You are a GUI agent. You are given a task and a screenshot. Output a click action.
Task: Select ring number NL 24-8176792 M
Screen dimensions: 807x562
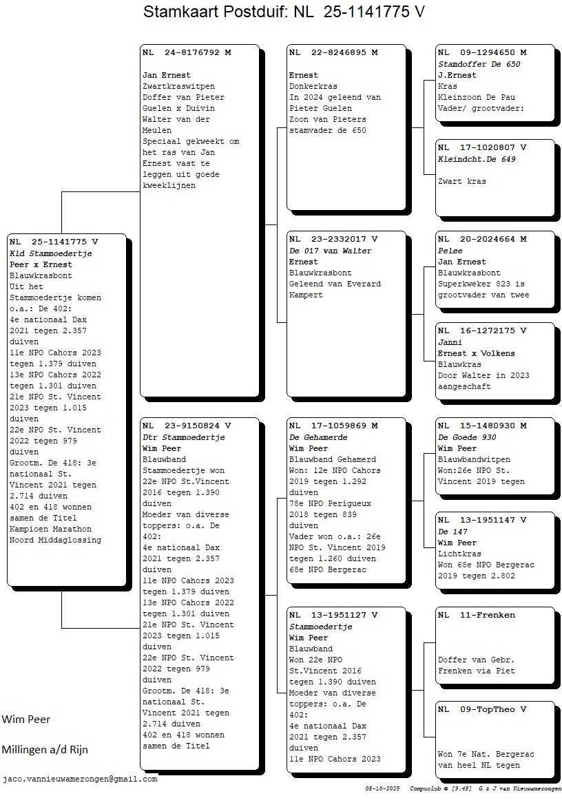[x=187, y=52]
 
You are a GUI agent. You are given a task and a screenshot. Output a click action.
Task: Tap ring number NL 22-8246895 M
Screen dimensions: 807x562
[x=333, y=52]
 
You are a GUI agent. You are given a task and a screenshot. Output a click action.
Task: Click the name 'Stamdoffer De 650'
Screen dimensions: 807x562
[x=479, y=64]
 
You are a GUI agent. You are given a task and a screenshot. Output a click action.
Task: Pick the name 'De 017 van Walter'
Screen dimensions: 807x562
[x=330, y=251]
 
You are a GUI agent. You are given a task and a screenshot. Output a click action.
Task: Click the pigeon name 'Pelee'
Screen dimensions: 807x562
[x=450, y=251]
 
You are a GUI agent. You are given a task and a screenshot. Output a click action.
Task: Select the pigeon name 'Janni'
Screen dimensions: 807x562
[x=450, y=342]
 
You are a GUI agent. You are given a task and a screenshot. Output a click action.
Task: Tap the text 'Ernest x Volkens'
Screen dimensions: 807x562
[x=477, y=353]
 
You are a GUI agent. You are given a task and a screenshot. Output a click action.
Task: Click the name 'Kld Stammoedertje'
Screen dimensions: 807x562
[x=51, y=253]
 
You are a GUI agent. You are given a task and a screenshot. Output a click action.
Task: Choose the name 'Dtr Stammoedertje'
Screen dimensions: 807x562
[x=184, y=437]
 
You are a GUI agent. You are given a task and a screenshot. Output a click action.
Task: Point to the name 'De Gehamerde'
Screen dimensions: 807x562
[x=318, y=437]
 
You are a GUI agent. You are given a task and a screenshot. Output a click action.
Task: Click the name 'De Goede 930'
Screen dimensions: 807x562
[x=467, y=437]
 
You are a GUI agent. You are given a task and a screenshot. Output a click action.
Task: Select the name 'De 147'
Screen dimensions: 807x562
[x=452, y=532]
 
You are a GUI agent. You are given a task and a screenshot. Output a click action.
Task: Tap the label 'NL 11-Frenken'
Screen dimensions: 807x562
[x=477, y=616]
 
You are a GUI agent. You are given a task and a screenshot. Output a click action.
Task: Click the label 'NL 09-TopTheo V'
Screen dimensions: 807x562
[x=482, y=710]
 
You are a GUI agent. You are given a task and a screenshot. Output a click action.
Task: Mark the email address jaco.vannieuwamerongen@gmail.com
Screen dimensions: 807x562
[x=80, y=779]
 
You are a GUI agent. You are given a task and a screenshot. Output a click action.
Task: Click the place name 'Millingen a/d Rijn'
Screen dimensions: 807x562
[x=45, y=750]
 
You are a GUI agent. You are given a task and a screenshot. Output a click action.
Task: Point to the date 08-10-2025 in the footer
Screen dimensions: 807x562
[x=384, y=788]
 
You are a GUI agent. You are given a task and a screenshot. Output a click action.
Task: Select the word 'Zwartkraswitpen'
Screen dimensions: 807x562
[x=178, y=87]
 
